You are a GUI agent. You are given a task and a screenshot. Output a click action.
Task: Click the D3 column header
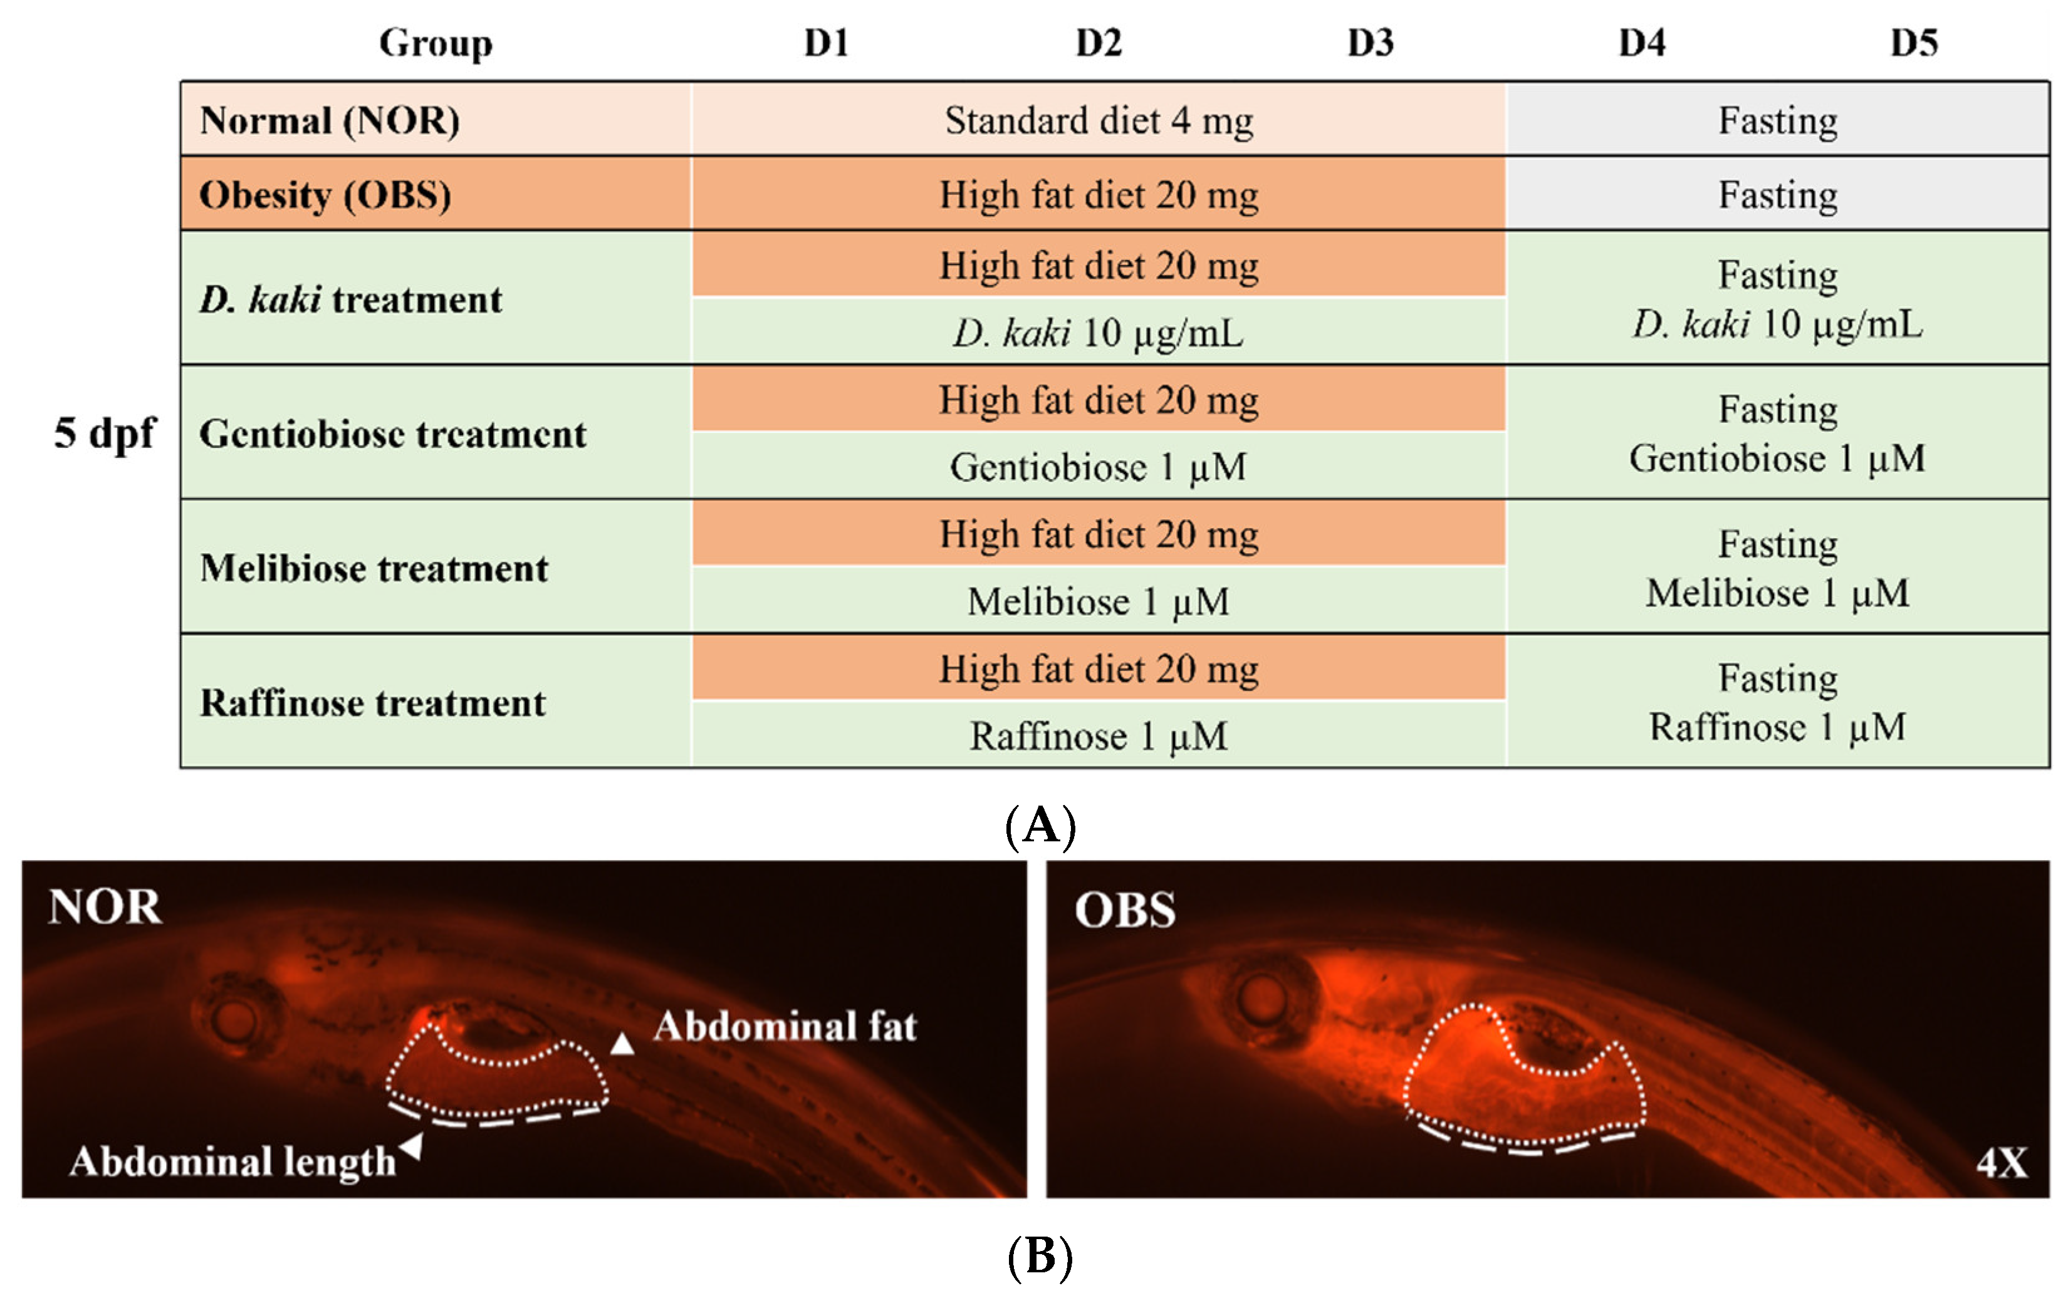(1370, 43)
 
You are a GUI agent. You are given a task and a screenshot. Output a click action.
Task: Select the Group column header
(436, 43)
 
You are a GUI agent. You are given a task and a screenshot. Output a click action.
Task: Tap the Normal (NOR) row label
(330, 120)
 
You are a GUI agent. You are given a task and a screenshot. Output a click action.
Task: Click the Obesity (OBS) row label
(325, 195)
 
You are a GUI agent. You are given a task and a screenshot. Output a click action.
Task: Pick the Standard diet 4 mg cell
(1099, 120)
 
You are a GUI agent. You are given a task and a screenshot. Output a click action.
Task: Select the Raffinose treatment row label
(373, 703)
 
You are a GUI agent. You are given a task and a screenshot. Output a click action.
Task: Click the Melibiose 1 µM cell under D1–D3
(1099, 601)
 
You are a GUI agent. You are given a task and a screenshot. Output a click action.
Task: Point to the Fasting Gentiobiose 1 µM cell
(1777, 434)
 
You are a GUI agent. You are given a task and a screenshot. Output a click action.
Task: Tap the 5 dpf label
(105, 433)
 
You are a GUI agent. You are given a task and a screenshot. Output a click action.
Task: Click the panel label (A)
(1039, 827)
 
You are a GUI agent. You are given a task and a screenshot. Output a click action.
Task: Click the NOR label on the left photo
(105, 906)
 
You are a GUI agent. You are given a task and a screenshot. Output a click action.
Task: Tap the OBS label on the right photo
(1125, 910)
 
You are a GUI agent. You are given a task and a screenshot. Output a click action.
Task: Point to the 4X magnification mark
(2002, 1164)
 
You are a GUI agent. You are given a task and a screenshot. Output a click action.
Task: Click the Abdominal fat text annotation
(785, 1027)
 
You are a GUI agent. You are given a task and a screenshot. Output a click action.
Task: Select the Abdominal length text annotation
(232, 1162)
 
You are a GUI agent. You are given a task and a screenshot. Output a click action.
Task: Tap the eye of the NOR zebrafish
(234, 1020)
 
